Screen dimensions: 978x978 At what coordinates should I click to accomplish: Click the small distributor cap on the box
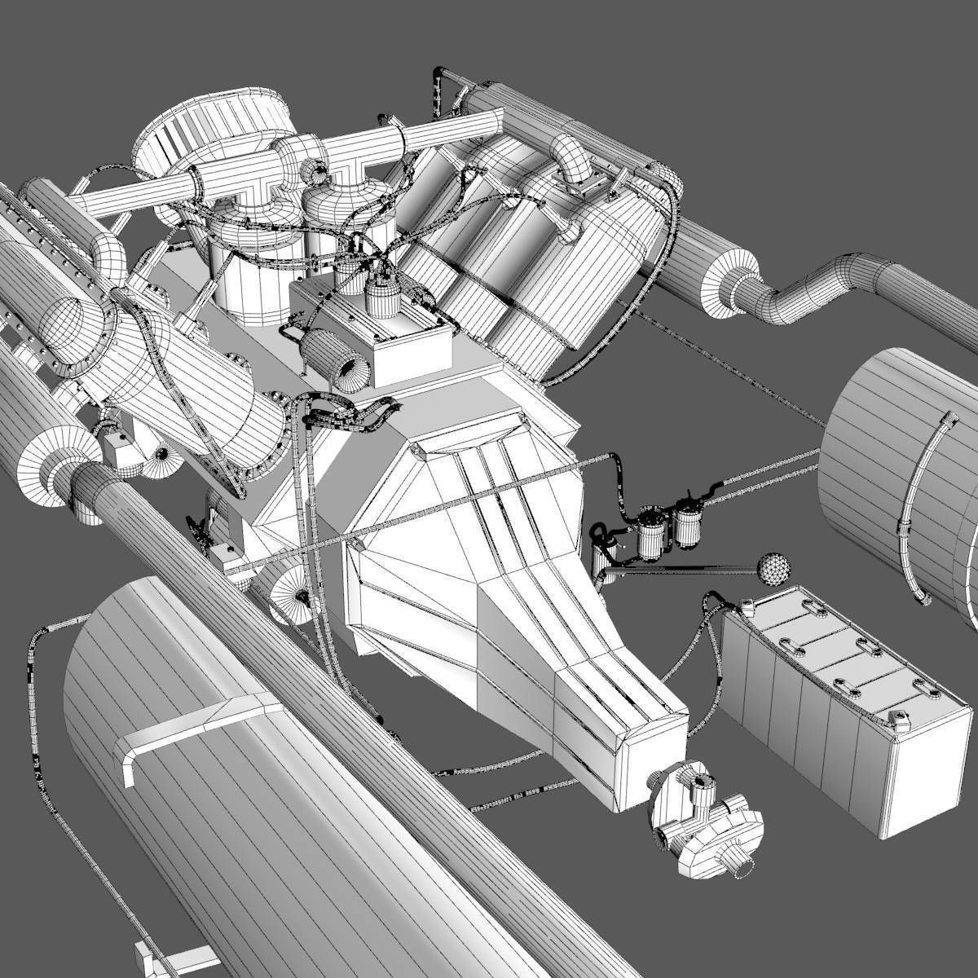click(379, 297)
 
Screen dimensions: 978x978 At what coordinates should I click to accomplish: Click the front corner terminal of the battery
click(900, 722)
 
